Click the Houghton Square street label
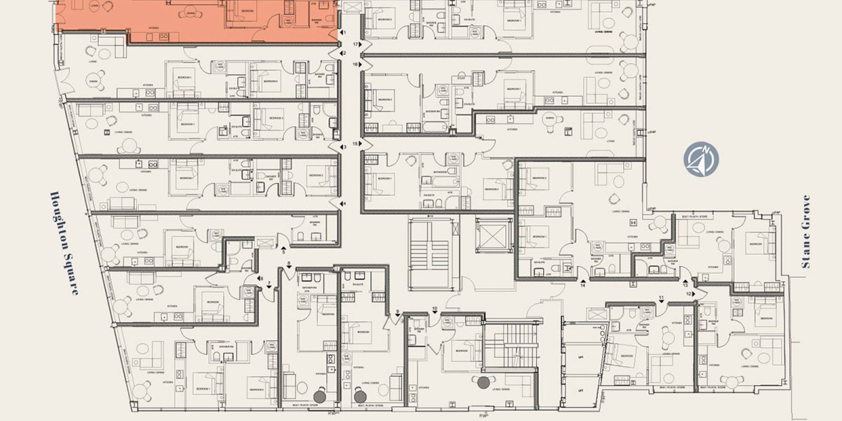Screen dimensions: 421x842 [64, 243]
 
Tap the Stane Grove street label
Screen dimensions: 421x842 [805, 232]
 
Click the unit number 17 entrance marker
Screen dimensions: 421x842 [356, 45]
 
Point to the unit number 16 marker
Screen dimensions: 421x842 [356, 64]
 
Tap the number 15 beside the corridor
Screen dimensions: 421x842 [356, 144]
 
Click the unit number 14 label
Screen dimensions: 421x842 [583, 285]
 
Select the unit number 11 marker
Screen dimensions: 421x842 [661, 299]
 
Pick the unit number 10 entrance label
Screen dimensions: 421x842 [435, 308]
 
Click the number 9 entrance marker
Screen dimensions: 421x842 [398, 312]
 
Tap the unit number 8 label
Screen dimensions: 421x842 [289, 263]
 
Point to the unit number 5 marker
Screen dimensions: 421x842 [284, 252]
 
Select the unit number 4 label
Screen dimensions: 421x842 [345, 204]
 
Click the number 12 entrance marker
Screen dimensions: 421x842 [689, 294]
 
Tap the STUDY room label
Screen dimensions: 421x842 [462, 78]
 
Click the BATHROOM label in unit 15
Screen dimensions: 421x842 [440, 172]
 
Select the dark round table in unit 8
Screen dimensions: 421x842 [319, 396]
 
